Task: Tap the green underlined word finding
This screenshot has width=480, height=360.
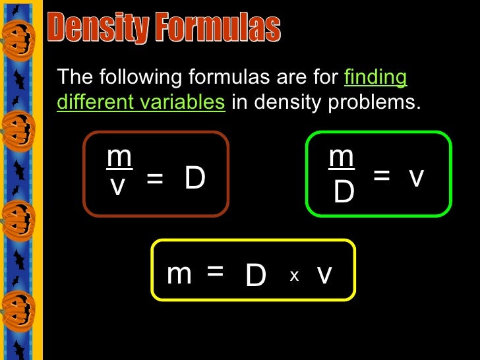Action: click(x=376, y=78)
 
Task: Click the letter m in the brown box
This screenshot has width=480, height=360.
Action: click(x=119, y=158)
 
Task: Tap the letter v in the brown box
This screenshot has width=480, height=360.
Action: click(x=118, y=187)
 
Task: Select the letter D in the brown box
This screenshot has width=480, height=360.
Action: click(x=195, y=178)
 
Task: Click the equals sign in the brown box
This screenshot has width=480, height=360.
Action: click(x=154, y=179)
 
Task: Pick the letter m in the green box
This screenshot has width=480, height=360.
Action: click(x=342, y=158)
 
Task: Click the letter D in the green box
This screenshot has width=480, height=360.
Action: click(x=344, y=192)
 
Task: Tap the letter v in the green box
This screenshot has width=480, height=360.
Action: click(x=415, y=176)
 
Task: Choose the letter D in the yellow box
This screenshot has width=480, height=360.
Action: click(x=255, y=276)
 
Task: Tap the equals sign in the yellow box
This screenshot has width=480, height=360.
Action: click(x=215, y=270)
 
